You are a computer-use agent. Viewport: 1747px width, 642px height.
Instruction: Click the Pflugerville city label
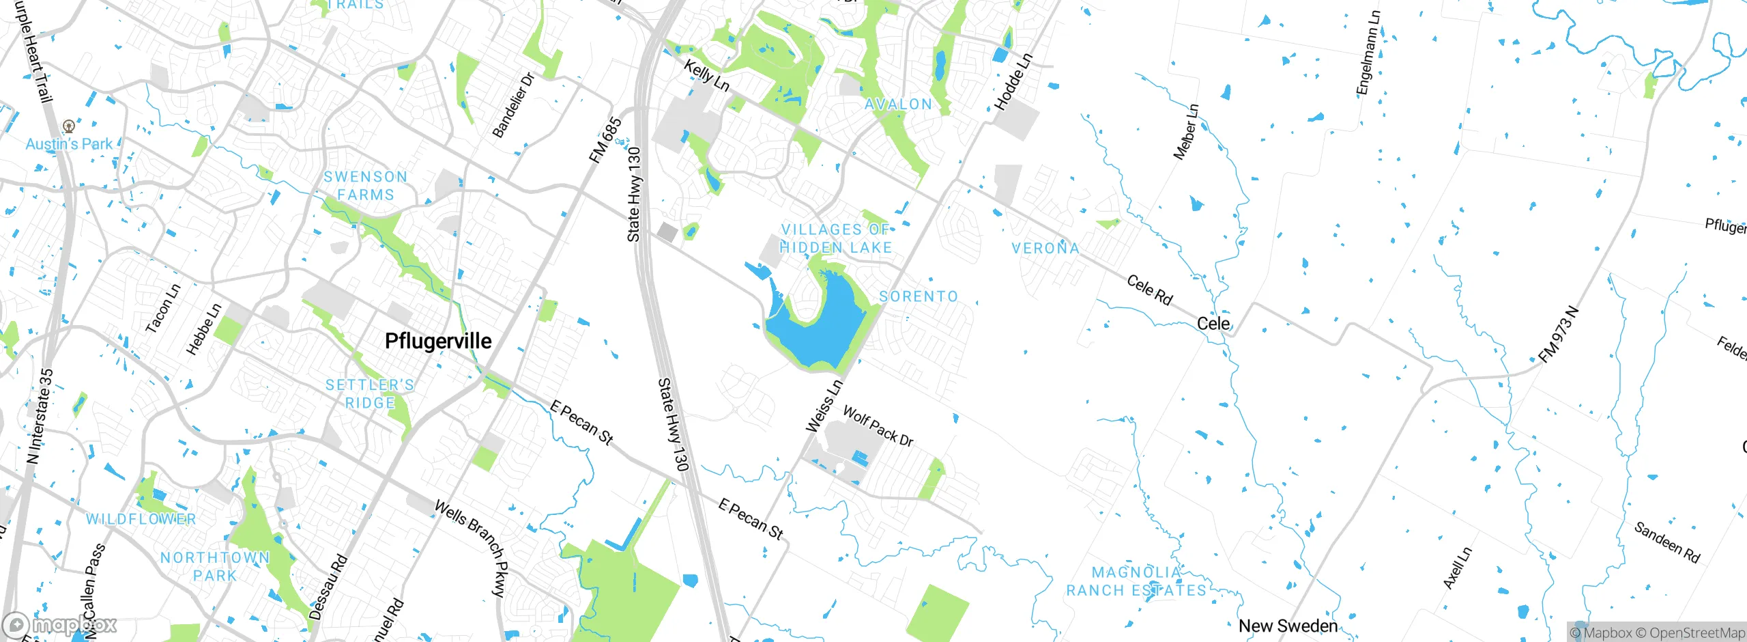438,341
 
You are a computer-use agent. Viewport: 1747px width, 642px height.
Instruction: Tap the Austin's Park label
69,144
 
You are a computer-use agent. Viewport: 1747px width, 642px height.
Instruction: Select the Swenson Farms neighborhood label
366,186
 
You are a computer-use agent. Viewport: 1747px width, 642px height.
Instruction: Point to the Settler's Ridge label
370,394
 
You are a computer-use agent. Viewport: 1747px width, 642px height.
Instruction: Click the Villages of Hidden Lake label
836,238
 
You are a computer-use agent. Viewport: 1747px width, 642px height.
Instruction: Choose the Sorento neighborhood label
919,296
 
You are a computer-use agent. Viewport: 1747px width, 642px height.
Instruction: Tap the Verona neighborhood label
1045,248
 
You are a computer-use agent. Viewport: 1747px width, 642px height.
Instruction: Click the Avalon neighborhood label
898,104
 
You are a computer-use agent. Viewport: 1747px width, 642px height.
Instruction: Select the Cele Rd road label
1150,290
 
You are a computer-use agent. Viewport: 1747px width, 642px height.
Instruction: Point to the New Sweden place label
1288,626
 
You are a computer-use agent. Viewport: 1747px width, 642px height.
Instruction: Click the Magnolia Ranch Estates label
1136,581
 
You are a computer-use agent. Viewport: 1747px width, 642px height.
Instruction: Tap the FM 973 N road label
1559,335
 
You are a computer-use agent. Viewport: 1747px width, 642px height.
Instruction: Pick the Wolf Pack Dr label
878,425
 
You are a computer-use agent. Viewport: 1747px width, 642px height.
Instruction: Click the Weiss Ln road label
824,406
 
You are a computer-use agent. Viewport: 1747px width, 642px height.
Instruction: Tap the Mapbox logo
60,625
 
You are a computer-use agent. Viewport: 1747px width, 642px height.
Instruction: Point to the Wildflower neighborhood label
141,519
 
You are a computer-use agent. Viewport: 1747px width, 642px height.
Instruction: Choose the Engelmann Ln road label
1368,53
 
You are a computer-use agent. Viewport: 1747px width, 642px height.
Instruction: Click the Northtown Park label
215,566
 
